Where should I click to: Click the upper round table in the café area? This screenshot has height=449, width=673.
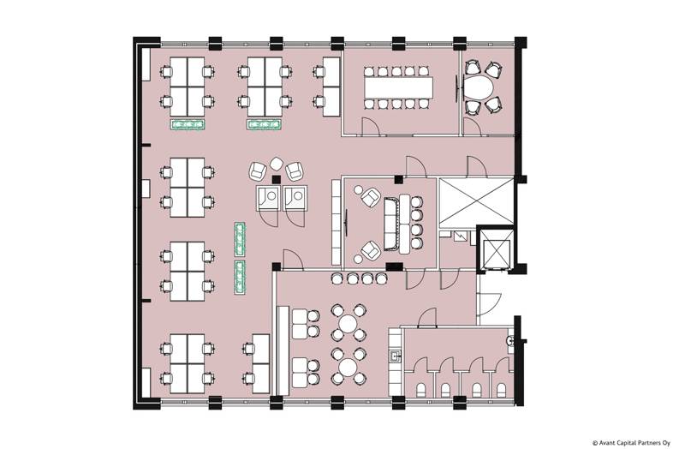[348, 324]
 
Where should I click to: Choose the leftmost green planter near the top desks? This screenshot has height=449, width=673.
[188, 126]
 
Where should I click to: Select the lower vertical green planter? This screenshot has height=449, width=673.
[240, 277]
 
